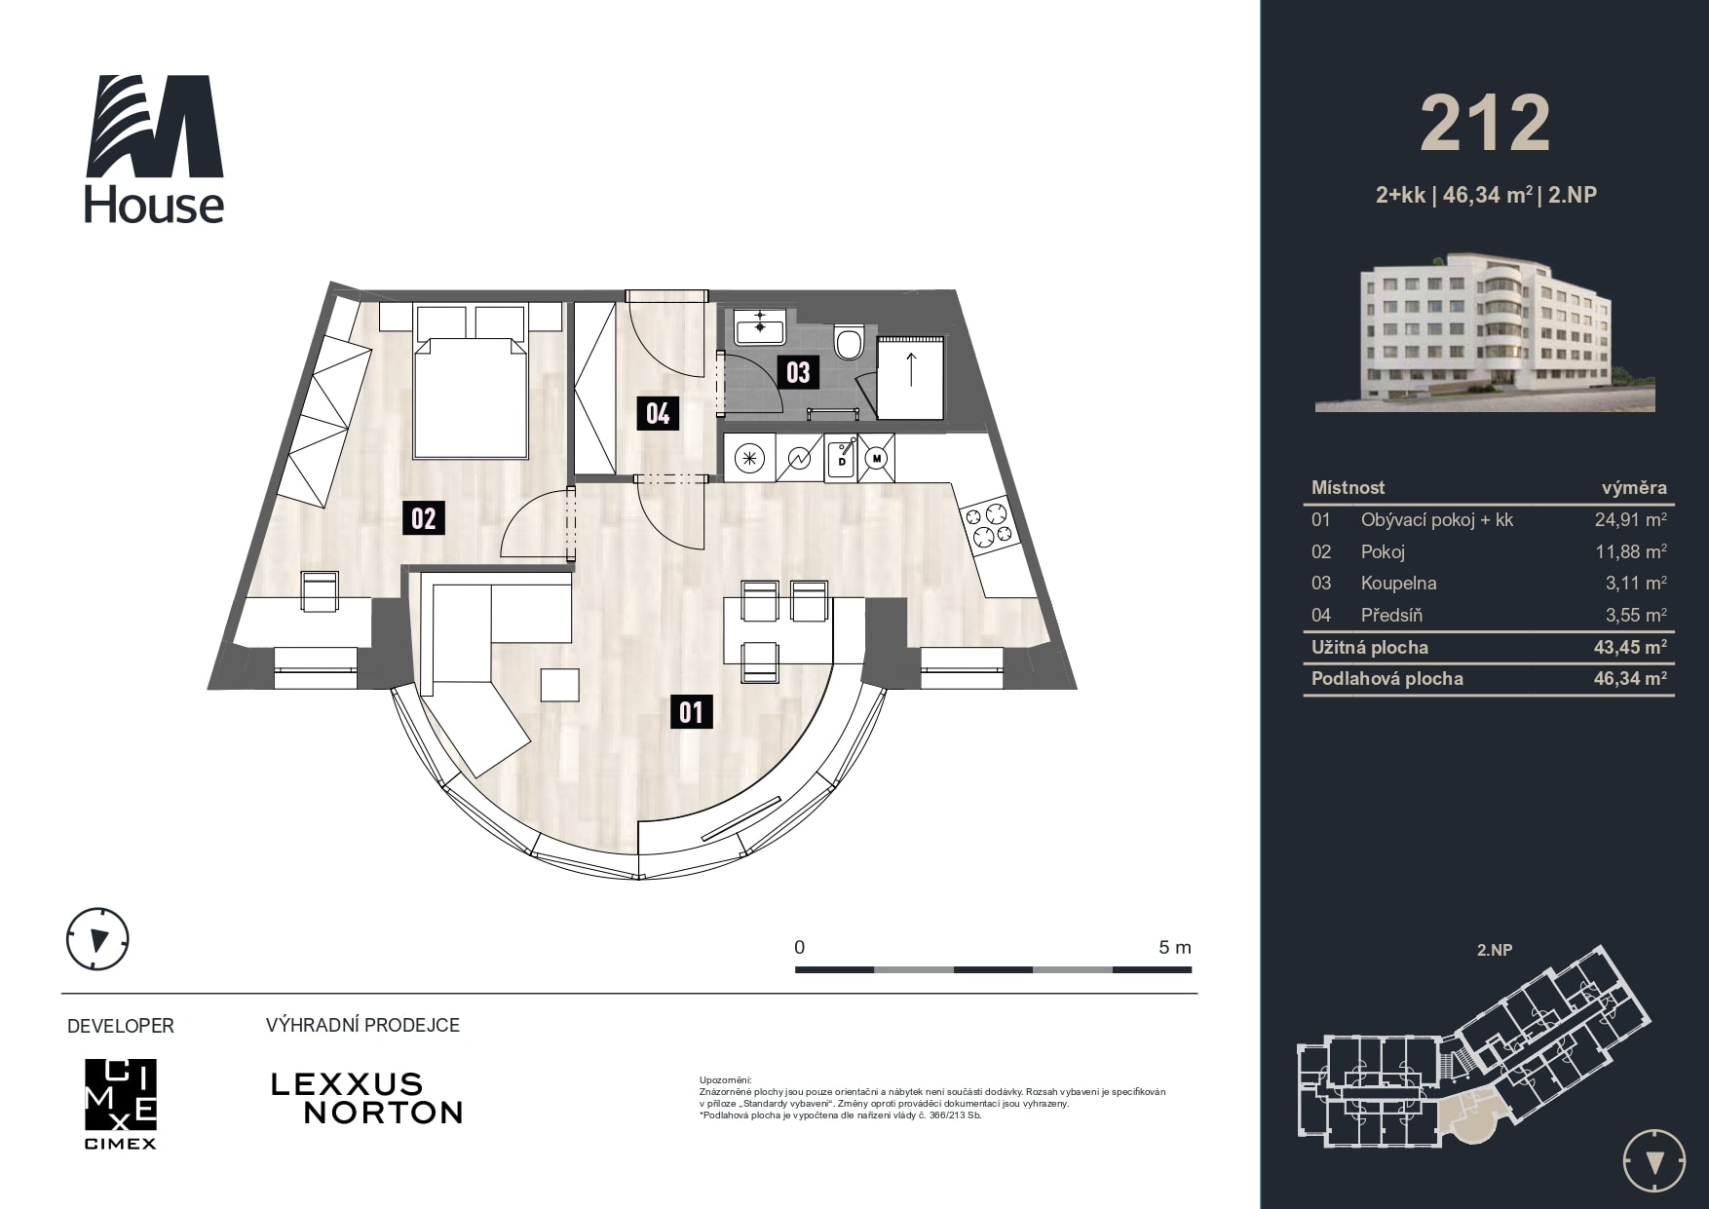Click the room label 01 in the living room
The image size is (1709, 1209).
[692, 712]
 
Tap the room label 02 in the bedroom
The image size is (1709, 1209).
[424, 517]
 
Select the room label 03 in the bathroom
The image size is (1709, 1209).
[798, 372]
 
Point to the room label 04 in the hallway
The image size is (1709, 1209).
[658, 413]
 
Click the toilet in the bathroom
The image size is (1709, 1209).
[850, 341]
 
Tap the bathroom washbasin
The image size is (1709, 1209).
[760, 327]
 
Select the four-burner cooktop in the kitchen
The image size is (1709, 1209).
[987, 525]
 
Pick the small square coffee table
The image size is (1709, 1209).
[560, 684]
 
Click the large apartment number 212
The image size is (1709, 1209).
[1485, 124]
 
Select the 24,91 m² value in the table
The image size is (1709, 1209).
[1630, 519]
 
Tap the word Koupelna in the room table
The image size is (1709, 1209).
[1398, 583]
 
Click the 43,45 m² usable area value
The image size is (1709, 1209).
[1630, 647]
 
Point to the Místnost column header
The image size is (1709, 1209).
[1348, 487]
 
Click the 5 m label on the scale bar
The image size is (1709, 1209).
[1174, 947]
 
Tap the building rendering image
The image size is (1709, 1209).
[1485, 332]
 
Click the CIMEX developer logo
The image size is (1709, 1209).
[120, 1103]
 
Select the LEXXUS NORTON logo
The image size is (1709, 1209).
[366, 1098]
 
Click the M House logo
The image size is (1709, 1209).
[154, 149]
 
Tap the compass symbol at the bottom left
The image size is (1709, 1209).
[97, 939]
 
